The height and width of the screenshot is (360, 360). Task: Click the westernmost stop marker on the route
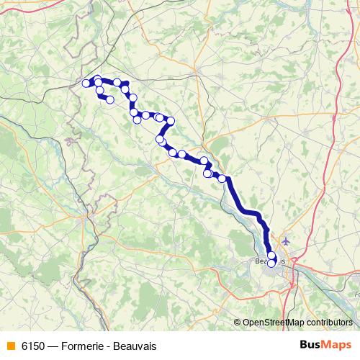[x=86, y=84]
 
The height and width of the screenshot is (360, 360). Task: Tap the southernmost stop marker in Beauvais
[x=271, y=263]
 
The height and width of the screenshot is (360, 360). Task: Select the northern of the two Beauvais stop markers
[x=272, y=255]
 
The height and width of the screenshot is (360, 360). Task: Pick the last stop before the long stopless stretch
[x=222, y=179]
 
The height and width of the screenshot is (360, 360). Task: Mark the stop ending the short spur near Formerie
[x=109, y=100]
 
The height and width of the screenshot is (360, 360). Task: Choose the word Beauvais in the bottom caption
[x=135, y=346]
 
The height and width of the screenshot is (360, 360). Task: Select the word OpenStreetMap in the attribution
[x=274, y=322]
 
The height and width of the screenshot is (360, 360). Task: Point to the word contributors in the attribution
[x=329, y=322]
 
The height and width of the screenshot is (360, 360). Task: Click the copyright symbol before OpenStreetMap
[x=238, y=322]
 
